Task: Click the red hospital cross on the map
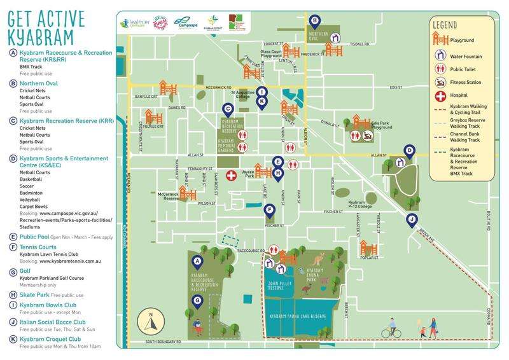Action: (x=232, y=174)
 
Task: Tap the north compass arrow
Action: (x=150, y=322)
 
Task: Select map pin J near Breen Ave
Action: (x=412, y=220)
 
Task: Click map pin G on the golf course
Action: (x=197, y=301)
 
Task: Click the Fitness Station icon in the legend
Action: (x=439, y=82)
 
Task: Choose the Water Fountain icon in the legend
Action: (x=439, y=56)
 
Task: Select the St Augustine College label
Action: (x=242, y=95)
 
